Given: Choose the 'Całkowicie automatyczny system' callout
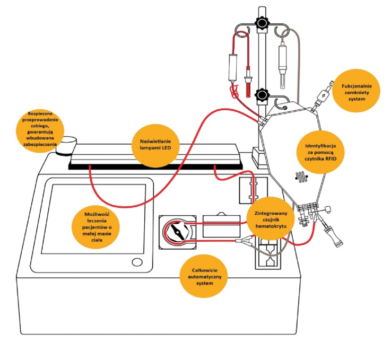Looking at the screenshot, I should click(203, 276).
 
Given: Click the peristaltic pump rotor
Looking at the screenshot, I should click(178, 232).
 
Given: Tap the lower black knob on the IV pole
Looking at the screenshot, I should click(261, 95).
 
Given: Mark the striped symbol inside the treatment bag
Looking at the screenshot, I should click(302, 177).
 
